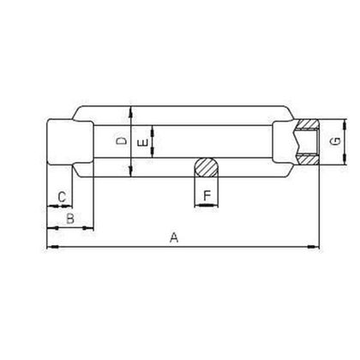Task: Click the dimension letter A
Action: pyautogui.click(x=174, y=237)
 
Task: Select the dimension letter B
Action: pyautogui.click(x=70, y=219)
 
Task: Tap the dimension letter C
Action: pyautogui.click(x=61, y=198)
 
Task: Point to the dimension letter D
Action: pyautogui.click(x=122, y=141)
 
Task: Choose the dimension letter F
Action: pyautogui.click(x=207, y=196)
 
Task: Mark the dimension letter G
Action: pyautogui.click(x=339, y=140)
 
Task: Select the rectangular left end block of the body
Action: pyautogui.click(x=69, y=141)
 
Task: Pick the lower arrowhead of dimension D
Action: pyautogui.click(x=130, y=174)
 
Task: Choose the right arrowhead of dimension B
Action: pyautogui.click(x=90, y=229)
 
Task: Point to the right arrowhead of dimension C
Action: pyautogui.click(x=70, y=207)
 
